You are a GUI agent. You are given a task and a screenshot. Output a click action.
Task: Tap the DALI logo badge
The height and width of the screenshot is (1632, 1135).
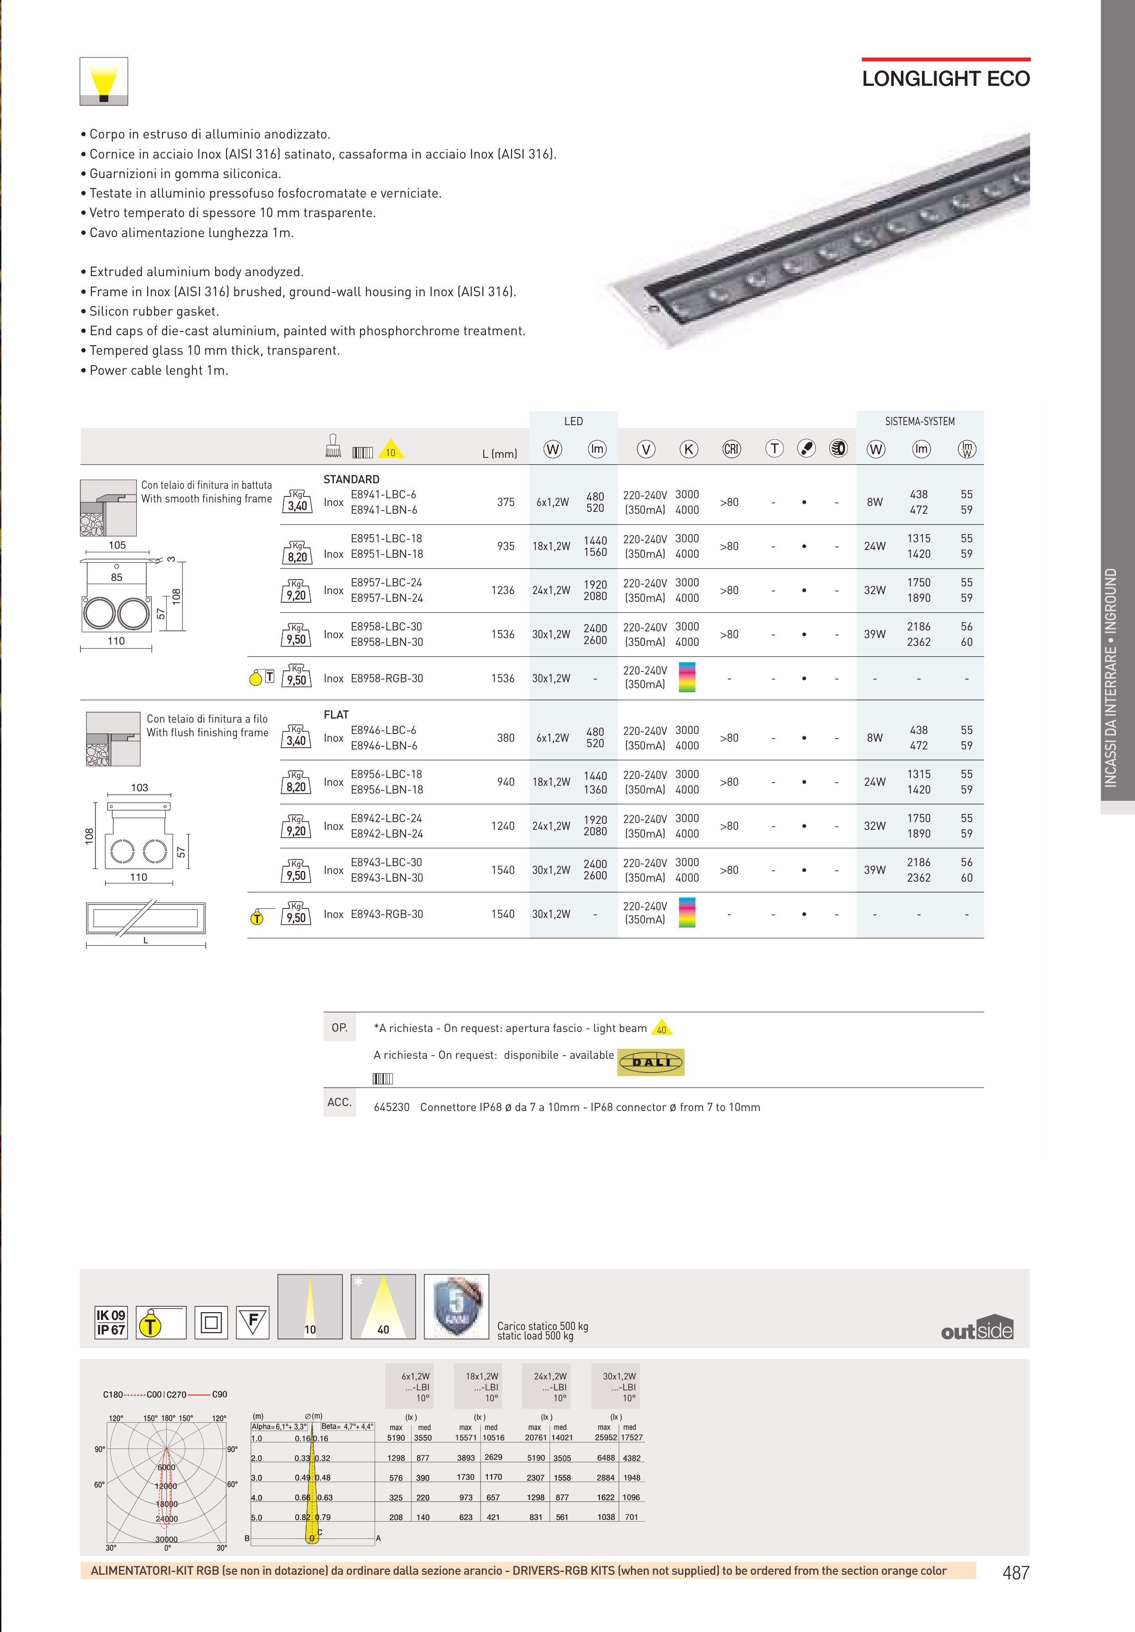tap(650, 1062)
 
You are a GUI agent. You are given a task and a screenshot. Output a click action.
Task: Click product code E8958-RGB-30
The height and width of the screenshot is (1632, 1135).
tap(387, 679)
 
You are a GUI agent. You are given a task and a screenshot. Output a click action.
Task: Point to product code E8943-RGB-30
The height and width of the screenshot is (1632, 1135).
tap(387, 914)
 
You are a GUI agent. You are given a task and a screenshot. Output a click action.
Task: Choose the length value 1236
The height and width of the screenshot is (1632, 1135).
tap(502, 590)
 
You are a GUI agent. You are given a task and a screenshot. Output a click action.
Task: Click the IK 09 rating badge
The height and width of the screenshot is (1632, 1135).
tap(111, 1315)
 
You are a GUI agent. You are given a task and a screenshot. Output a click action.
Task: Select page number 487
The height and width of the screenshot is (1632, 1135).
tap(1015, 1573)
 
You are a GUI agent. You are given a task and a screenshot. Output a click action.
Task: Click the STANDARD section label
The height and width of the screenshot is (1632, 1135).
tap(351, 479)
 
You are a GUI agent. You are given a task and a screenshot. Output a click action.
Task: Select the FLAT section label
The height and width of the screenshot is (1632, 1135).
tap(336, 714)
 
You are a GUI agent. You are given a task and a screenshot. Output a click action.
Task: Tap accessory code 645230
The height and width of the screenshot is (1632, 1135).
tap(392, 1107)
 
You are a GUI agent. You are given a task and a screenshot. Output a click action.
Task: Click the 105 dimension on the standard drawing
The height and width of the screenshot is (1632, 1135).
tap(117, 545)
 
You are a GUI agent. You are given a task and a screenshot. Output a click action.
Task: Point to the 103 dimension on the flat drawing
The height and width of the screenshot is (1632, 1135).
tap(139, 788)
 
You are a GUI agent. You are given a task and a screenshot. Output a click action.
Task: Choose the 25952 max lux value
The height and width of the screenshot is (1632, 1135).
tap(605, 1437)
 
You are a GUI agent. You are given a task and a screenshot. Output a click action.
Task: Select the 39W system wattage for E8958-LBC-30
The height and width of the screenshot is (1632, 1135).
tap(875, 634)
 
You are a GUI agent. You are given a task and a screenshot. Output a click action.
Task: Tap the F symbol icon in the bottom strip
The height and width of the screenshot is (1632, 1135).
tap(253, 1322)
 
